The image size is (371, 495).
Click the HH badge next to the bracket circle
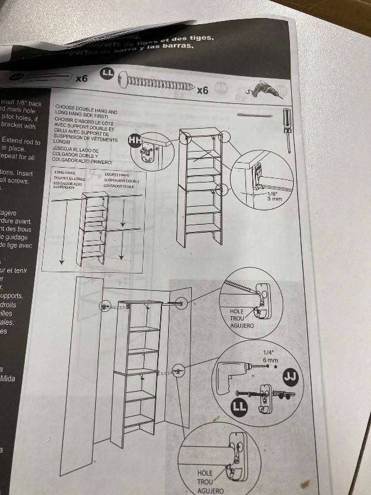[134, 141]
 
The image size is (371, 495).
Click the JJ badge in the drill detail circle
[288, 376]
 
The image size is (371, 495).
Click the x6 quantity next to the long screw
[203, 90]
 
